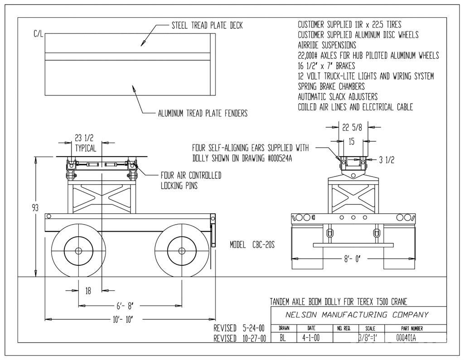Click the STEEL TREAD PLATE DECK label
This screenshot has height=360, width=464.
(x=207, y=25)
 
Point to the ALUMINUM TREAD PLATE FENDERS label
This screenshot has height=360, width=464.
(x=203, y=113)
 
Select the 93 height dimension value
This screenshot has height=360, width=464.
(x=35, y=207)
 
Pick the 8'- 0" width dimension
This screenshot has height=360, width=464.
(x=353, y=259)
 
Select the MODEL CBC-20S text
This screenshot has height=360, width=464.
(x=252, y=245)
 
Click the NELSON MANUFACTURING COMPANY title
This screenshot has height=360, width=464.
(x=357, y=315)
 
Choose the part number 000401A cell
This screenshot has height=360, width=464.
(x=406, y=337)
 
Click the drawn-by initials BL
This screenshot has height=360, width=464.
(x=283, y=337)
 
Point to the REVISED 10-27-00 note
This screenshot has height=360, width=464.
(x=240, y=338)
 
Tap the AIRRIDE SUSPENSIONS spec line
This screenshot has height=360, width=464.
(x=327, y=45)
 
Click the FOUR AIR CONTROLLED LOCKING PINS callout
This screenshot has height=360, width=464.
(x=191, y=180)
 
